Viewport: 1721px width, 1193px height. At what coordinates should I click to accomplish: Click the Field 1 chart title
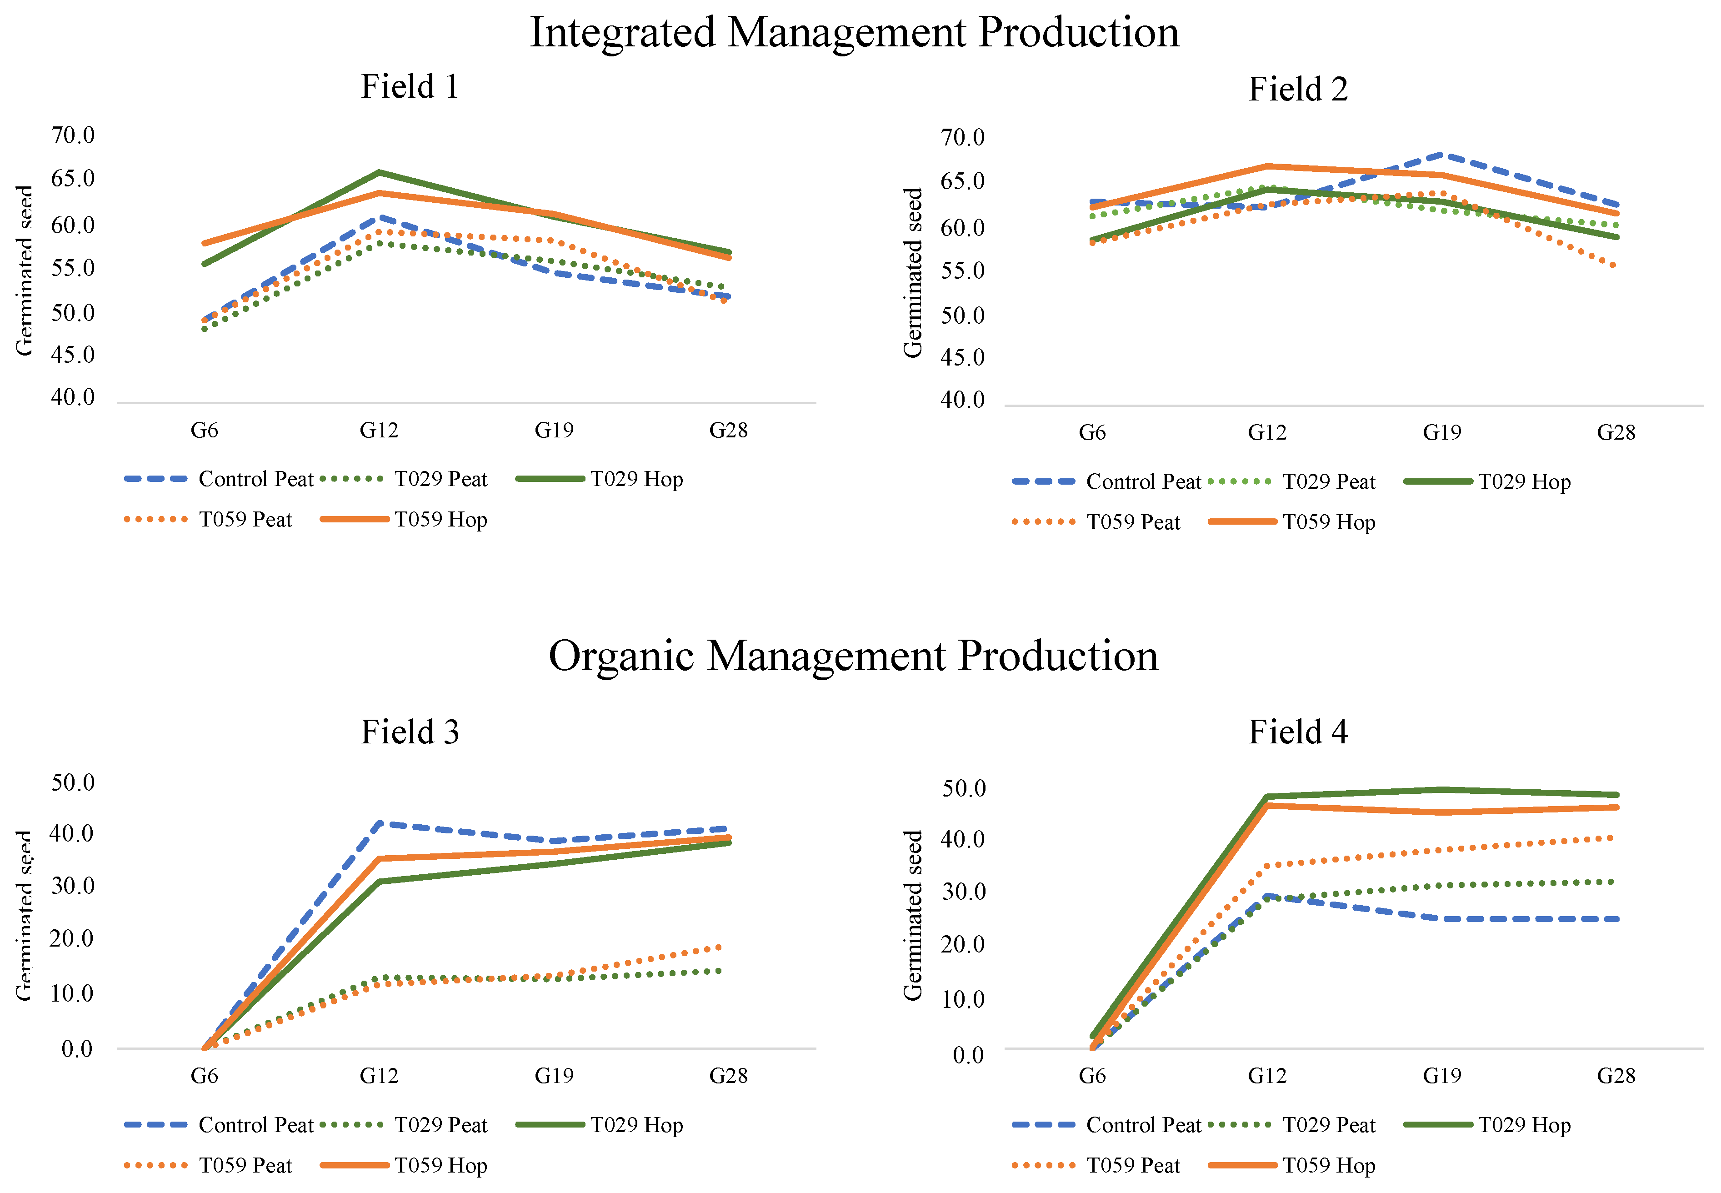pos(410,87)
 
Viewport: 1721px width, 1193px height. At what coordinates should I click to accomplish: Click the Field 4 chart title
pos(1298,732)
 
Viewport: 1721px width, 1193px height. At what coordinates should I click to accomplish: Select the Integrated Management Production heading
pos(854,32)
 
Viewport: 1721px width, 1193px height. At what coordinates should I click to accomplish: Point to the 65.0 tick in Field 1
pos(72,179)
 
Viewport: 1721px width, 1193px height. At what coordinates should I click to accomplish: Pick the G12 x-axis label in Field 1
pos(379,431)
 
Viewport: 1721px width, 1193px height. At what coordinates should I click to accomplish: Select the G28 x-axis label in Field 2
pos(1616,433)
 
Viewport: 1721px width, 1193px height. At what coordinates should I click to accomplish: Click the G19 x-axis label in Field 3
pos(554,1077)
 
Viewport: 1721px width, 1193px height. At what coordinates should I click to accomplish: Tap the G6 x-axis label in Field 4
pos(1092,1077)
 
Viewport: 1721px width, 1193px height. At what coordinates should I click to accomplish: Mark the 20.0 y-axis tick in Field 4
pos(962,945)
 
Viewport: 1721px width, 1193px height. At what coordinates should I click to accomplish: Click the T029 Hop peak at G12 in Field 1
pos(380,173)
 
